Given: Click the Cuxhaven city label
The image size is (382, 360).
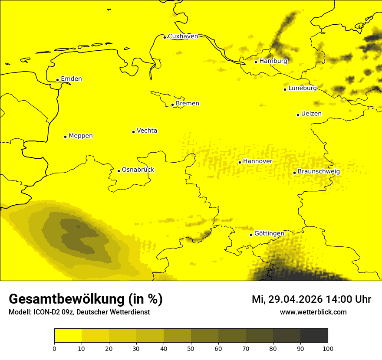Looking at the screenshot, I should click(x=183, y=36).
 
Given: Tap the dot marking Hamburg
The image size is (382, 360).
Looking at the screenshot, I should click(x=256, y=62).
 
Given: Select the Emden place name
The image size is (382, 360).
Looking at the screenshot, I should click(x=71, y=79).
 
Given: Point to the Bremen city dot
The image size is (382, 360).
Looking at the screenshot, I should click(x=172, y=105).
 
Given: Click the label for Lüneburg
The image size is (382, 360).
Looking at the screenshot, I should click(x=302, y=88).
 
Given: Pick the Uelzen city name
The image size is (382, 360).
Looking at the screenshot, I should click(x=311, y=114).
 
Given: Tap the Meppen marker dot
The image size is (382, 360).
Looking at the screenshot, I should click(x=65, y=137).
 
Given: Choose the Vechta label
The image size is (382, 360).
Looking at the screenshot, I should click(x=147, y=131).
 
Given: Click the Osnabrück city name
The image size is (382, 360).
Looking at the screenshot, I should click(x=138, y=170).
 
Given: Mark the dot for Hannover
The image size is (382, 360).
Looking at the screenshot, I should click(x=240, y=162).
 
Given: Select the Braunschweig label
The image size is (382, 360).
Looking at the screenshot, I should click(x=319, y=171).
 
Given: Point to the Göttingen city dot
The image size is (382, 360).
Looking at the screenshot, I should click(x=251, y=235).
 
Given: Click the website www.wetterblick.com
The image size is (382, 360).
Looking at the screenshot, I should click(x=313, y=312).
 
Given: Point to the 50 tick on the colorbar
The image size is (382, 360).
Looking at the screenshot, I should click(x=191, y=348).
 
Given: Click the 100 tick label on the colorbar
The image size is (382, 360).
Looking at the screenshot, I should click(x=328, y=348).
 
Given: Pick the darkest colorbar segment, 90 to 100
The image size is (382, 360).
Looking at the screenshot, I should click(x=314, y=335).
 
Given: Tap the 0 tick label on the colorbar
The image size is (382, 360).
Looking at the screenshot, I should click(x=54, y=348).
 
